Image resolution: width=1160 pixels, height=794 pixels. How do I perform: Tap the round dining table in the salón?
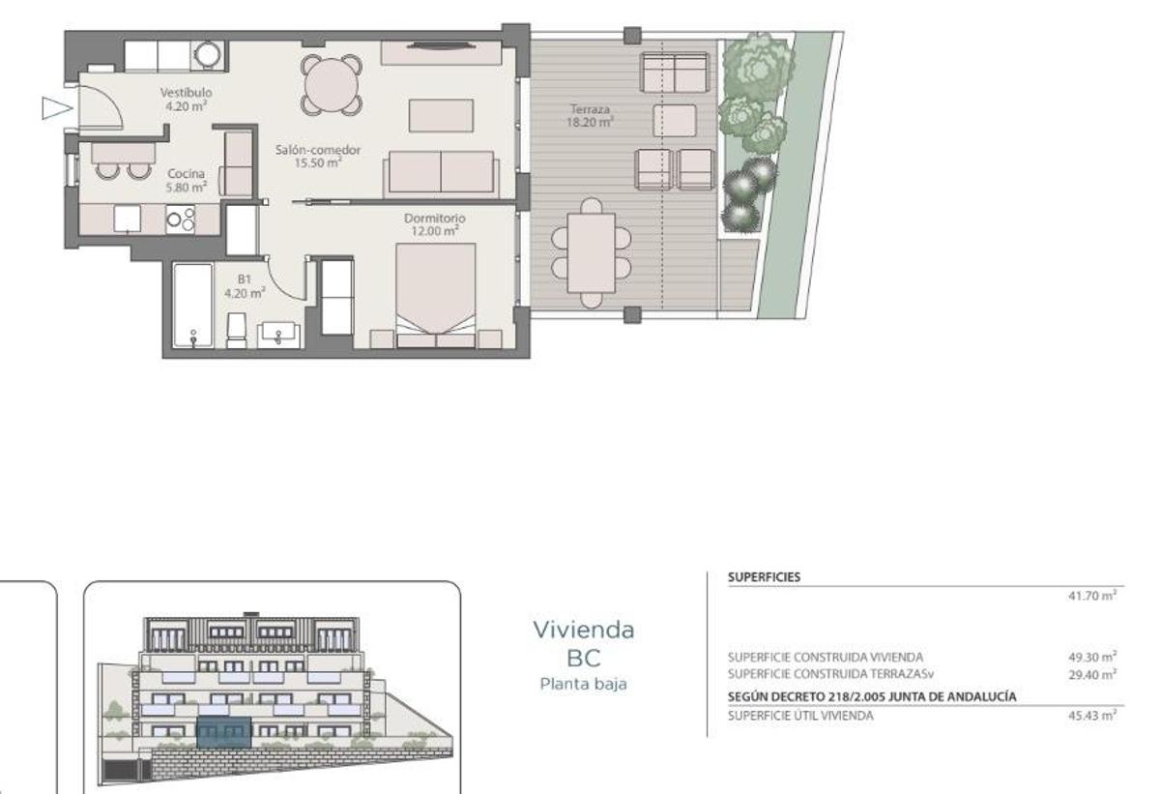(x=332, y=85)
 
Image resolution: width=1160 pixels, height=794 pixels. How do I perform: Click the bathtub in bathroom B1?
(x=192, y=305)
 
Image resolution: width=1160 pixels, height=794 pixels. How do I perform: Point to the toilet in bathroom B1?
(x=237, y=329)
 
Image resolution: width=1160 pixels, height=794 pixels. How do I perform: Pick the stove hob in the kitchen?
(x=181, y=219)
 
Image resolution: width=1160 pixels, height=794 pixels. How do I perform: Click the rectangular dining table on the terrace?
(x=592, y=250)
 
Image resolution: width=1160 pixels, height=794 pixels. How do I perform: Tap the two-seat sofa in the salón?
(x=442, y=173)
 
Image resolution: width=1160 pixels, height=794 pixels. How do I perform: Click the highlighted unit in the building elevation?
(x=221, y=732)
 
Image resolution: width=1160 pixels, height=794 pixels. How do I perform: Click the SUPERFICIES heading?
(x=764, y=576)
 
